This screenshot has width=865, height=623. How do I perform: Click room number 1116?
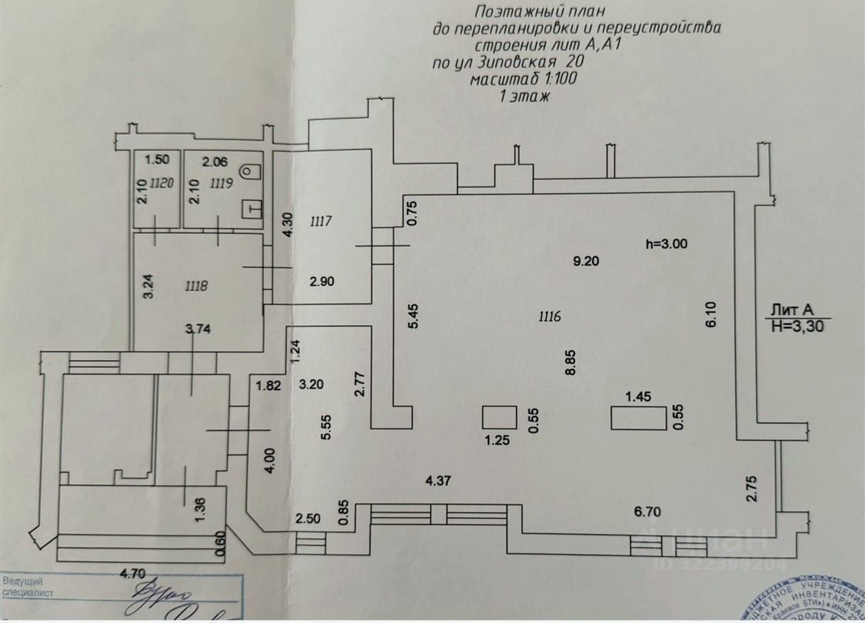click(x=549, y=316)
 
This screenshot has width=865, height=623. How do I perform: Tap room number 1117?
click(x=321, y=221)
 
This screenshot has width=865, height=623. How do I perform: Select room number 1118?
click(x=195, y=286)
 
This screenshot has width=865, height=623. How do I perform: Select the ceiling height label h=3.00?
click(x=666, y=243)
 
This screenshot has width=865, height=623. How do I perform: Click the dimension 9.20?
click(x=586, y=260)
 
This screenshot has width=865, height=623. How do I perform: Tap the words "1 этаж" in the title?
click(x=525, y=97)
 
